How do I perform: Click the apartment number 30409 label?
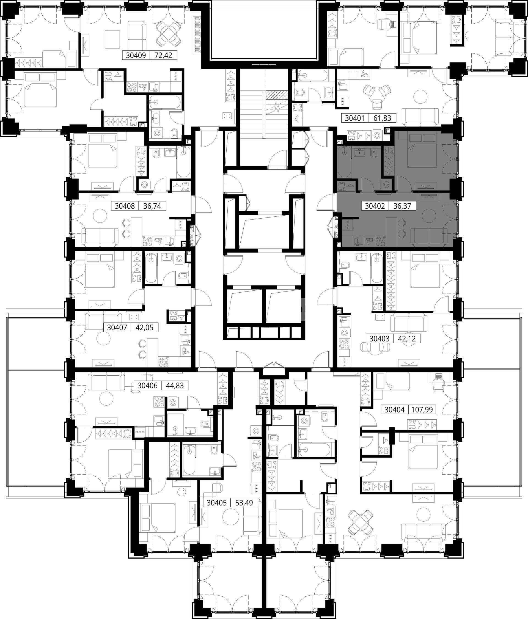pyautogui.click(x=136, y=55)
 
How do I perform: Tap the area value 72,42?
pyautogui.click(x=164, y=55)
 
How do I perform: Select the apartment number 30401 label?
pyautogui.click(x=355, y=118)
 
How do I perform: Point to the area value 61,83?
pyautogui.click(x=382, y=118)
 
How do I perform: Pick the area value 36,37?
pyautogui.click(x=402, y=206)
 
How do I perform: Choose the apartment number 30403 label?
pyautogui.click(x=380, y=339)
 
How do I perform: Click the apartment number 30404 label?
pyautogui.click(x=394, y=409)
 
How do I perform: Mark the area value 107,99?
pyautogui.click(x=422, y=409)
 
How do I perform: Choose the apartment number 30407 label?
pyautogui.click(x=117, y=328)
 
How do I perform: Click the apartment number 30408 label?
pyautogui.click(x=125, y=206)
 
